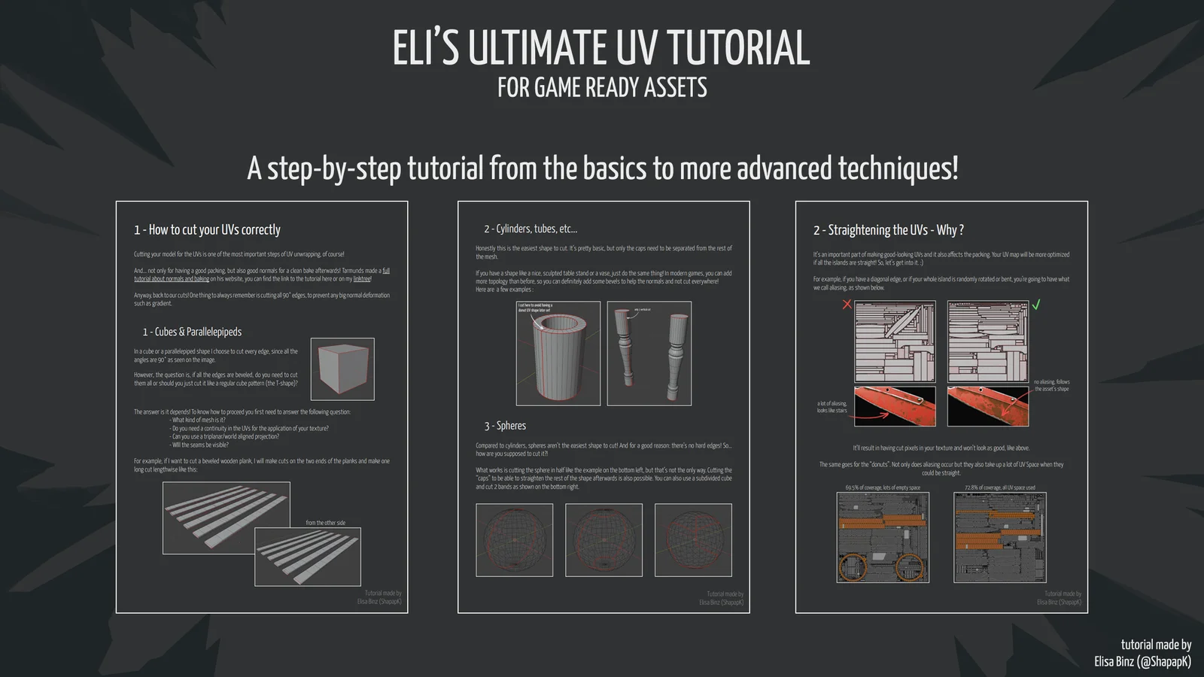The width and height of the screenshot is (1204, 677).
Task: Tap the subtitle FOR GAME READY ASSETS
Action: [x=602, y=88]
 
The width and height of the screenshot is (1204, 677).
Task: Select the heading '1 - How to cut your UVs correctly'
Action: [x=207, y=230]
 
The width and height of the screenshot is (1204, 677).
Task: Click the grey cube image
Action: [x=342, y=369]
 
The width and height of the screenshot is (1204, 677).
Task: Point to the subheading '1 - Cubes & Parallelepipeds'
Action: [x=192, y=332]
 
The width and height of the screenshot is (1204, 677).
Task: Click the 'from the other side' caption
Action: [x=325, y=523]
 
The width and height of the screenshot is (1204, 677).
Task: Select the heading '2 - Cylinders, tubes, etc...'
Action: [x=530, y=229]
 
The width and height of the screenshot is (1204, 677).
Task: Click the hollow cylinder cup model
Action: [x=558, y=354]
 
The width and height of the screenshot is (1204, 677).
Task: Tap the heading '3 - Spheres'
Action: [x=505, y=426]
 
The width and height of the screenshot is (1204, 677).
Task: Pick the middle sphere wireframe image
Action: [x=604, y=539]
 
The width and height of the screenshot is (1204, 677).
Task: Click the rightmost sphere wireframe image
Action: [x=693, y=539]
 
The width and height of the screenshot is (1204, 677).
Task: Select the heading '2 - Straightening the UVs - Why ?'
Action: [x=888, y=230]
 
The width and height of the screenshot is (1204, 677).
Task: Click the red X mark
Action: [x=847, y=304]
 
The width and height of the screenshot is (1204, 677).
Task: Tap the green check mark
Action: [x=1036, y=305]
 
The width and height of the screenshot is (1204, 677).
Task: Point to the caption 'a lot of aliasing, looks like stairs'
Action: [x=832, y=407]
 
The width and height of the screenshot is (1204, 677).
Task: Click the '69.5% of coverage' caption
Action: [x=882, y=487]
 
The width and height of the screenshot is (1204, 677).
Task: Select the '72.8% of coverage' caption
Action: [x=999, y=487]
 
